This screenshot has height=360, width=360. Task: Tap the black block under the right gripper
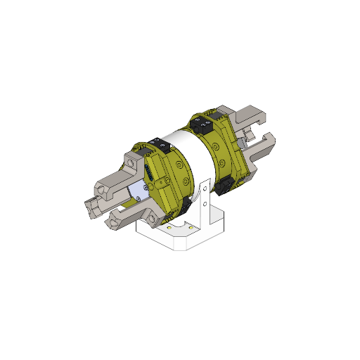pyautogui.click(x=225, y=186)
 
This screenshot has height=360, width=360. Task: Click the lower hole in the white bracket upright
pyautogui.click(x=204, y=204)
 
